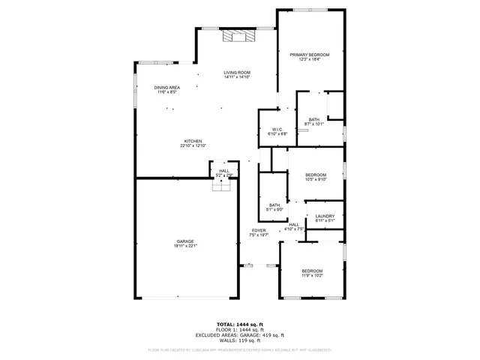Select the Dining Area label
166,90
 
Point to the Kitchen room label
193,143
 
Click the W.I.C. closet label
277,131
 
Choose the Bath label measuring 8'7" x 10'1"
313,121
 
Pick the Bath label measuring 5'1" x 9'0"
274,208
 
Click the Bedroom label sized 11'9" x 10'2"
312,273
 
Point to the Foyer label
259,232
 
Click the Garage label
185,244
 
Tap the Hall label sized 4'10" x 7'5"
294,226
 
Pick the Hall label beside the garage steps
223,172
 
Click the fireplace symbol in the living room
238,34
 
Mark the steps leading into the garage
220,186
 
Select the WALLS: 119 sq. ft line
239,340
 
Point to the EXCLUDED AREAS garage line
239,335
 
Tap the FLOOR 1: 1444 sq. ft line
239,330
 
